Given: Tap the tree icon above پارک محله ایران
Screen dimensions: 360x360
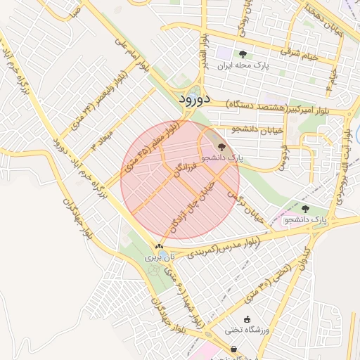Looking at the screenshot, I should [243, 54].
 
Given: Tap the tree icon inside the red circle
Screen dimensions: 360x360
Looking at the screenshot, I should [222, 148].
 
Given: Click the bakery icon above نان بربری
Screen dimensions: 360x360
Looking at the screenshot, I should [160, 247].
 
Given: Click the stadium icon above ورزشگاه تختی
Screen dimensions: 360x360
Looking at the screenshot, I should [247, 319].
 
